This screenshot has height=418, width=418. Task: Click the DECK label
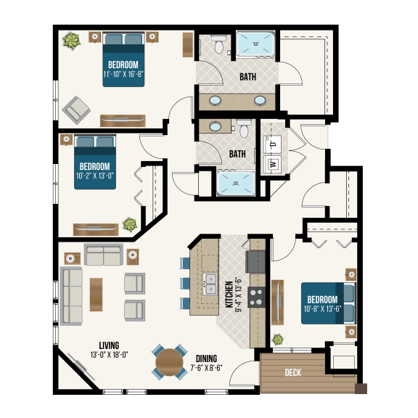pyautogui.click(x=292, y=373)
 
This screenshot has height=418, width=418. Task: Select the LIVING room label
pyautogui.click(x=105, y=345)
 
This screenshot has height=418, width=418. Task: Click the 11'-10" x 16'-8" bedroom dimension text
pyautogui.click(x=123, y=74)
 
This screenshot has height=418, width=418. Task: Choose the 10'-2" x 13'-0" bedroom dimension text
pyautogui.click(x=94, y=174)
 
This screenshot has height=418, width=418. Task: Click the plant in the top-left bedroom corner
pyautogui.click(x=70, y=41)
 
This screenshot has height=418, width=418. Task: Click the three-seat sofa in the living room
pyautogui.click(x=72, y=294)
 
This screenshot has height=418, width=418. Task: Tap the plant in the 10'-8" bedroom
pyautogui.click(x=277, y=339)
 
